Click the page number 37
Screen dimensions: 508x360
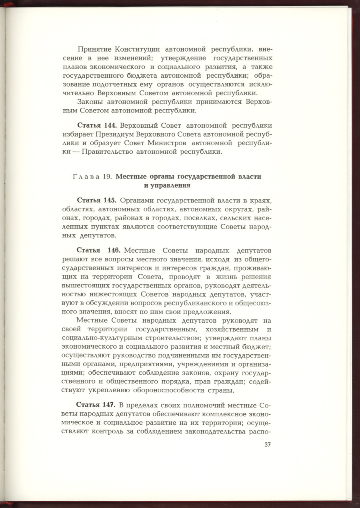[x=268, y=445]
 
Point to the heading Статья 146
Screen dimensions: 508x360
[x=98, y=251]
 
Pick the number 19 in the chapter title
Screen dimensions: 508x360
[x=107, y=177]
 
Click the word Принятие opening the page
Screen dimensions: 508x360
[x=94, y=49]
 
